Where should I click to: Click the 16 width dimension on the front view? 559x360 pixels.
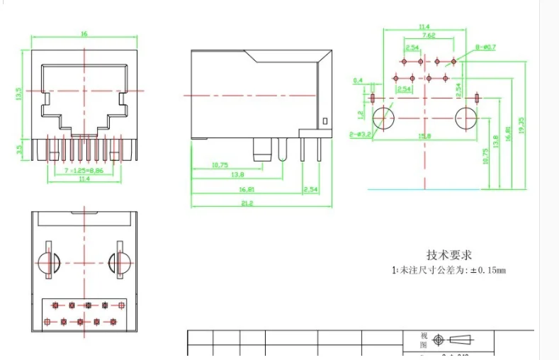pyautogui.click(x=84, y=33)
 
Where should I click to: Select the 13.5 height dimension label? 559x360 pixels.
pyautogui.click(x=19, y=94)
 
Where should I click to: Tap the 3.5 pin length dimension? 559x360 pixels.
pyautogui.click(x=19, y=149)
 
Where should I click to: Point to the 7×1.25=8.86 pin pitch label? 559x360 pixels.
pyautogui.click(x=84, y=171)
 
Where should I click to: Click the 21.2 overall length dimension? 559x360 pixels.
pyautogui.click(x=247, y=203)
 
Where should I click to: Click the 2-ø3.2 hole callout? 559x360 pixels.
pyautogui.click(x=361, y=134)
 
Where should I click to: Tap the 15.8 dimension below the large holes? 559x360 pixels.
pyautogui.click(x=425, y=135)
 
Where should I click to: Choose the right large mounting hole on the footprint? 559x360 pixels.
pyautogui.click(x=467, y=118)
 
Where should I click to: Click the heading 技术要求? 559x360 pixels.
pyautogui.click(x=448, y=255)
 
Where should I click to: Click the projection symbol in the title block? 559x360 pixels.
pyautogui.click(x=451, y=340)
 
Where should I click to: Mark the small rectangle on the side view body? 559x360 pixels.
pyautogui.click(x=324, y=121)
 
